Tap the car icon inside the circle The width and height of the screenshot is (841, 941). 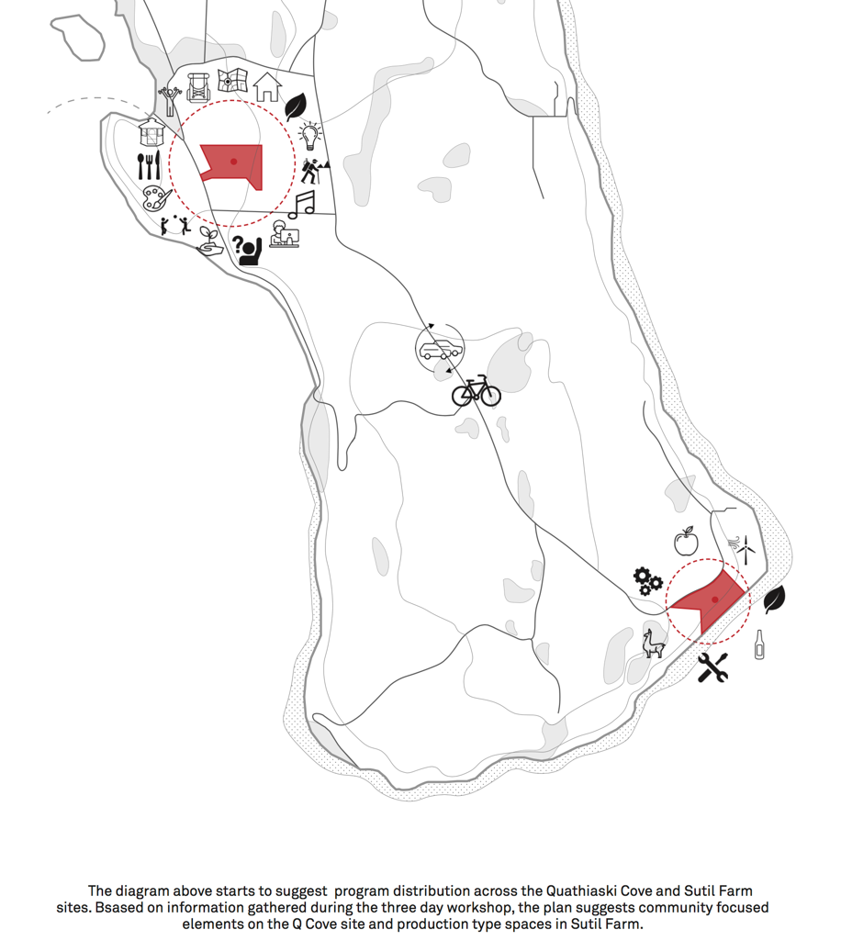(440, 350)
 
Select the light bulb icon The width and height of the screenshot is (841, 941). (311, 135)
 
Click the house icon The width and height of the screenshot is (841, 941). (267, 86)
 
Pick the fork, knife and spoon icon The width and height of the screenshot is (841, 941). (149, 166)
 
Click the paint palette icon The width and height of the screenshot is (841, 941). (157, 197)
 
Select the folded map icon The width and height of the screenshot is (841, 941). (232, 80)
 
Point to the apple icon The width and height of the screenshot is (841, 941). (686, 542)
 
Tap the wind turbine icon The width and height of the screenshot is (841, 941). (745, 549)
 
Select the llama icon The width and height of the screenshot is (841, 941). (652, 643)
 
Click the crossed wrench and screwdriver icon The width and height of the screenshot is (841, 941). (712, 667)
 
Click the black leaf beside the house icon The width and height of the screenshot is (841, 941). (296, 106)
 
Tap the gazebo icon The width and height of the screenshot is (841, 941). (151, 132)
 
